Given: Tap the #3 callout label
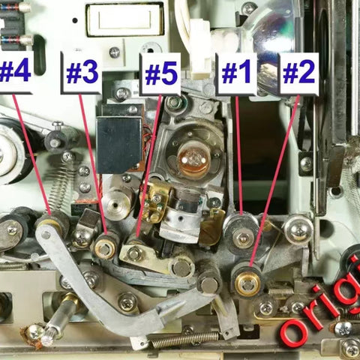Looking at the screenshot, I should click(81, 73).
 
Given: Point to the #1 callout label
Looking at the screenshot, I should click(236, 73).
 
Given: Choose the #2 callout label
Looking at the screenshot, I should click(298, 73).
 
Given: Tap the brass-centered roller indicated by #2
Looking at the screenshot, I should click(247, 283).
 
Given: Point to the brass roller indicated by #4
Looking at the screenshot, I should click(50, 223).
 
